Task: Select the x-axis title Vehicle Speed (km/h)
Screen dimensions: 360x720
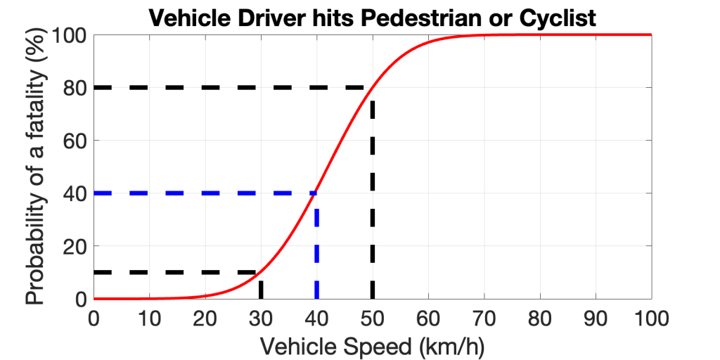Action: coord(373,345)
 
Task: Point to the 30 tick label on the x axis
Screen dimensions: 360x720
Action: coord(260,319)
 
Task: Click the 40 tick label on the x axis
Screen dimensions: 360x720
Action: coord(316,319)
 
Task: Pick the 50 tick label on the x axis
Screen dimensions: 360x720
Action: coord(372,319)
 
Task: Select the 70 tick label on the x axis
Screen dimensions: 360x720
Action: coord(484,319)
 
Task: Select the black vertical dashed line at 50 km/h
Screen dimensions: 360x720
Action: coord(372,197)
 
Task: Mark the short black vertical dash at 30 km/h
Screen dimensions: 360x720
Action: coord(261,290)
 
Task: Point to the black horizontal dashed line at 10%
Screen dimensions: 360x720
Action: coord(176,272)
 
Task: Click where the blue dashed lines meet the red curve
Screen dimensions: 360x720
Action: coord(316,193)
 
